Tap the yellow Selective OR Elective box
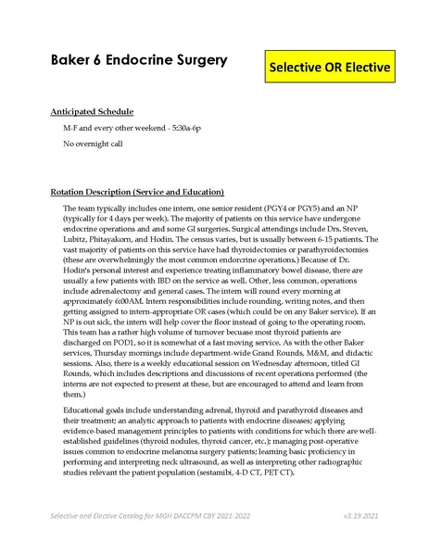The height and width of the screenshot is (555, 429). pos(329,69)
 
